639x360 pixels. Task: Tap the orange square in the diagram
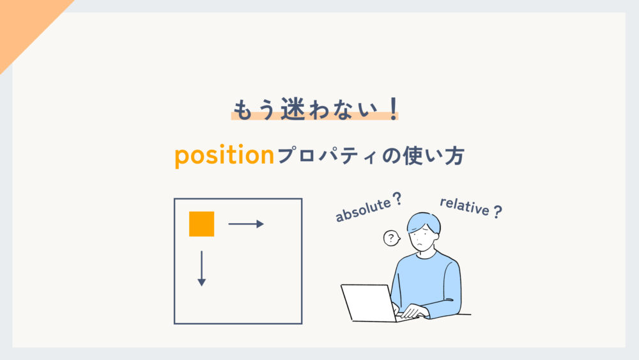(x=201, y=224)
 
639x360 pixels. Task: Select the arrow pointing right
(x=246, y=224)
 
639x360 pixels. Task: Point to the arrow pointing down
(x=201, y=269)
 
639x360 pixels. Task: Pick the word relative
(x=464, y=207)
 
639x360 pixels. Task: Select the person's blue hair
(x=424, y=221)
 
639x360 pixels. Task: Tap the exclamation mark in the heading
(x=392, y=108)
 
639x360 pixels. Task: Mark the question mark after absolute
(x=399, y=200)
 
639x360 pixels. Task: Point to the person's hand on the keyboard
(x=413, y=311)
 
